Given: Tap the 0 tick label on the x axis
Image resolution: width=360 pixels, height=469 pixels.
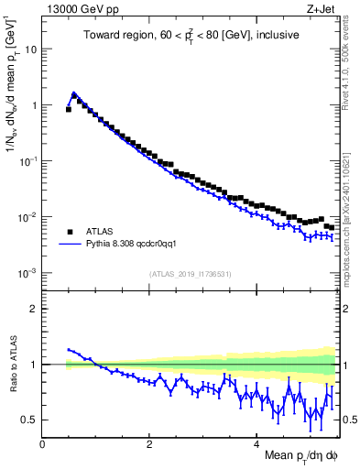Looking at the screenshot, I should pyautogui.click(x=42, y=443).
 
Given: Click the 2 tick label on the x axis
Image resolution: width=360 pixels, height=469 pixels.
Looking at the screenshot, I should pyautogui.click(x=149, y=443).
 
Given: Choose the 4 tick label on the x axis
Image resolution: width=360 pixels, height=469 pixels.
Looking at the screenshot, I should pyautogui.click(x=256, y=443).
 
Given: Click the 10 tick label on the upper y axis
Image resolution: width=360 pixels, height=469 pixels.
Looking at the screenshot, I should pyautogui.click(x=30, y=49).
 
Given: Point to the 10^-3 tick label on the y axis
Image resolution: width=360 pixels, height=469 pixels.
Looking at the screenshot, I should pyautogui.click(x=27, y=273).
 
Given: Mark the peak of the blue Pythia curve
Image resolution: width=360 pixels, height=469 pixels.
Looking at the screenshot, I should pyautogui.click(x=74, y=93).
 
